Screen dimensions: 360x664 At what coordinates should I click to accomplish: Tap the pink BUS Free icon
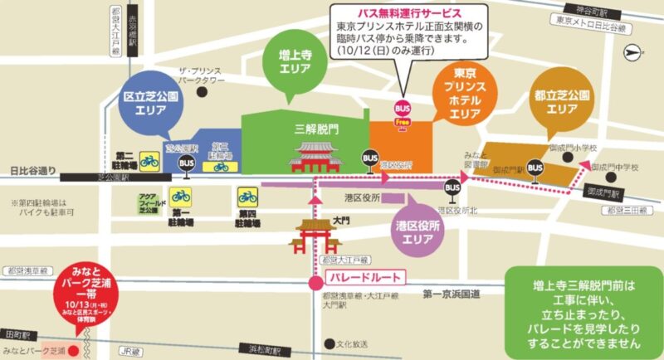(403, 111)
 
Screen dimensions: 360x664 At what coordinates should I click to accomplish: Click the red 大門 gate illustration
(312, 236)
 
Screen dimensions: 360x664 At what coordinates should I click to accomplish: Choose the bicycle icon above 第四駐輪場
(248, 196)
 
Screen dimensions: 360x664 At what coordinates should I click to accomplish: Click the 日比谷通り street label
(32, 172)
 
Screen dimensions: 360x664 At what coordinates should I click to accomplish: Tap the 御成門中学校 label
(615, 168)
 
